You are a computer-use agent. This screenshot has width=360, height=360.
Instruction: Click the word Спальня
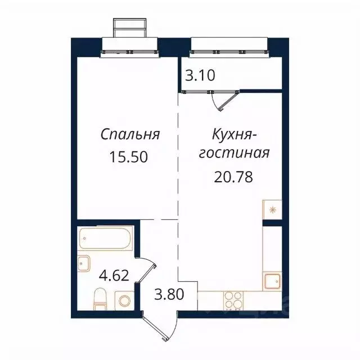tap(130, 134)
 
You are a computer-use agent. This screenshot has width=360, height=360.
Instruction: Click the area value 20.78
tap(233, 177)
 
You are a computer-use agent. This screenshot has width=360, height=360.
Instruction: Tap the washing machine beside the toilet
tap(124, 299)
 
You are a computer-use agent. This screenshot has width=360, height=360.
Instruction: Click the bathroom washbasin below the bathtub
tap(84, 263)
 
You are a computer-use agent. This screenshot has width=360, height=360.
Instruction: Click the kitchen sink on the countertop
tap(272, 280)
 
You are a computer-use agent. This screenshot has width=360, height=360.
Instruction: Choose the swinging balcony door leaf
tap(227, 100)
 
